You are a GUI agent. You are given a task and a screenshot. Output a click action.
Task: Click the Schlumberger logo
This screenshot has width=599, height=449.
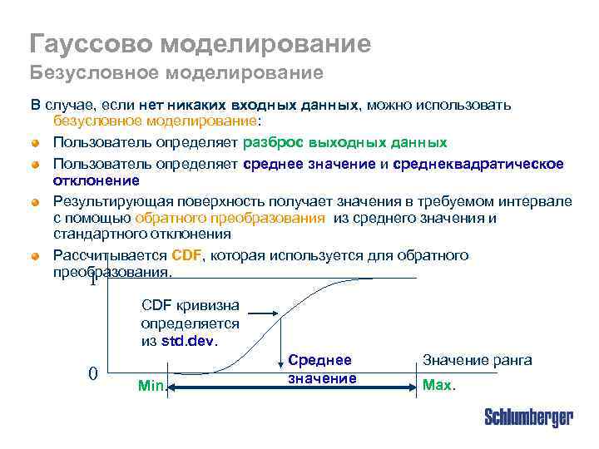coord(528,417)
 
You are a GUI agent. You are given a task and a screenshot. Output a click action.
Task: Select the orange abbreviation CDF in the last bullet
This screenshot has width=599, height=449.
coord(186,255)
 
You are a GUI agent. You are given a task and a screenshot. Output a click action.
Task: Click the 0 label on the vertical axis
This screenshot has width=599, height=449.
coord(94,373)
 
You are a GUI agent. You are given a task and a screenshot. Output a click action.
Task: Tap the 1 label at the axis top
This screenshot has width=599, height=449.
coord(93,280)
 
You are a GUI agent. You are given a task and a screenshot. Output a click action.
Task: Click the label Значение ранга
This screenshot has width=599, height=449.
coord(478,360)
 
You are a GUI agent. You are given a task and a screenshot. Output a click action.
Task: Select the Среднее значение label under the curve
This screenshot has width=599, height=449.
coord(320,369)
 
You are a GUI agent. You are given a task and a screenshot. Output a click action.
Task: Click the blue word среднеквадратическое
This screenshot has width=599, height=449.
coord(478,164)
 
